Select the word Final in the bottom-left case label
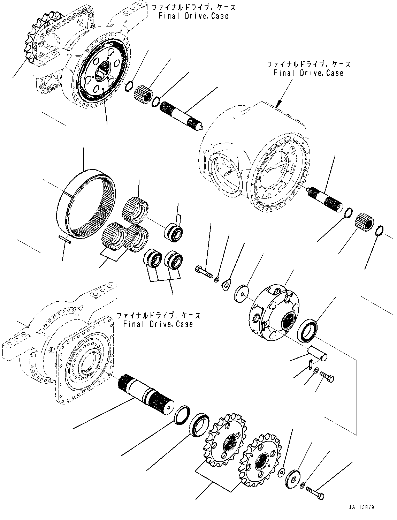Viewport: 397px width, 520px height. [133, 324]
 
